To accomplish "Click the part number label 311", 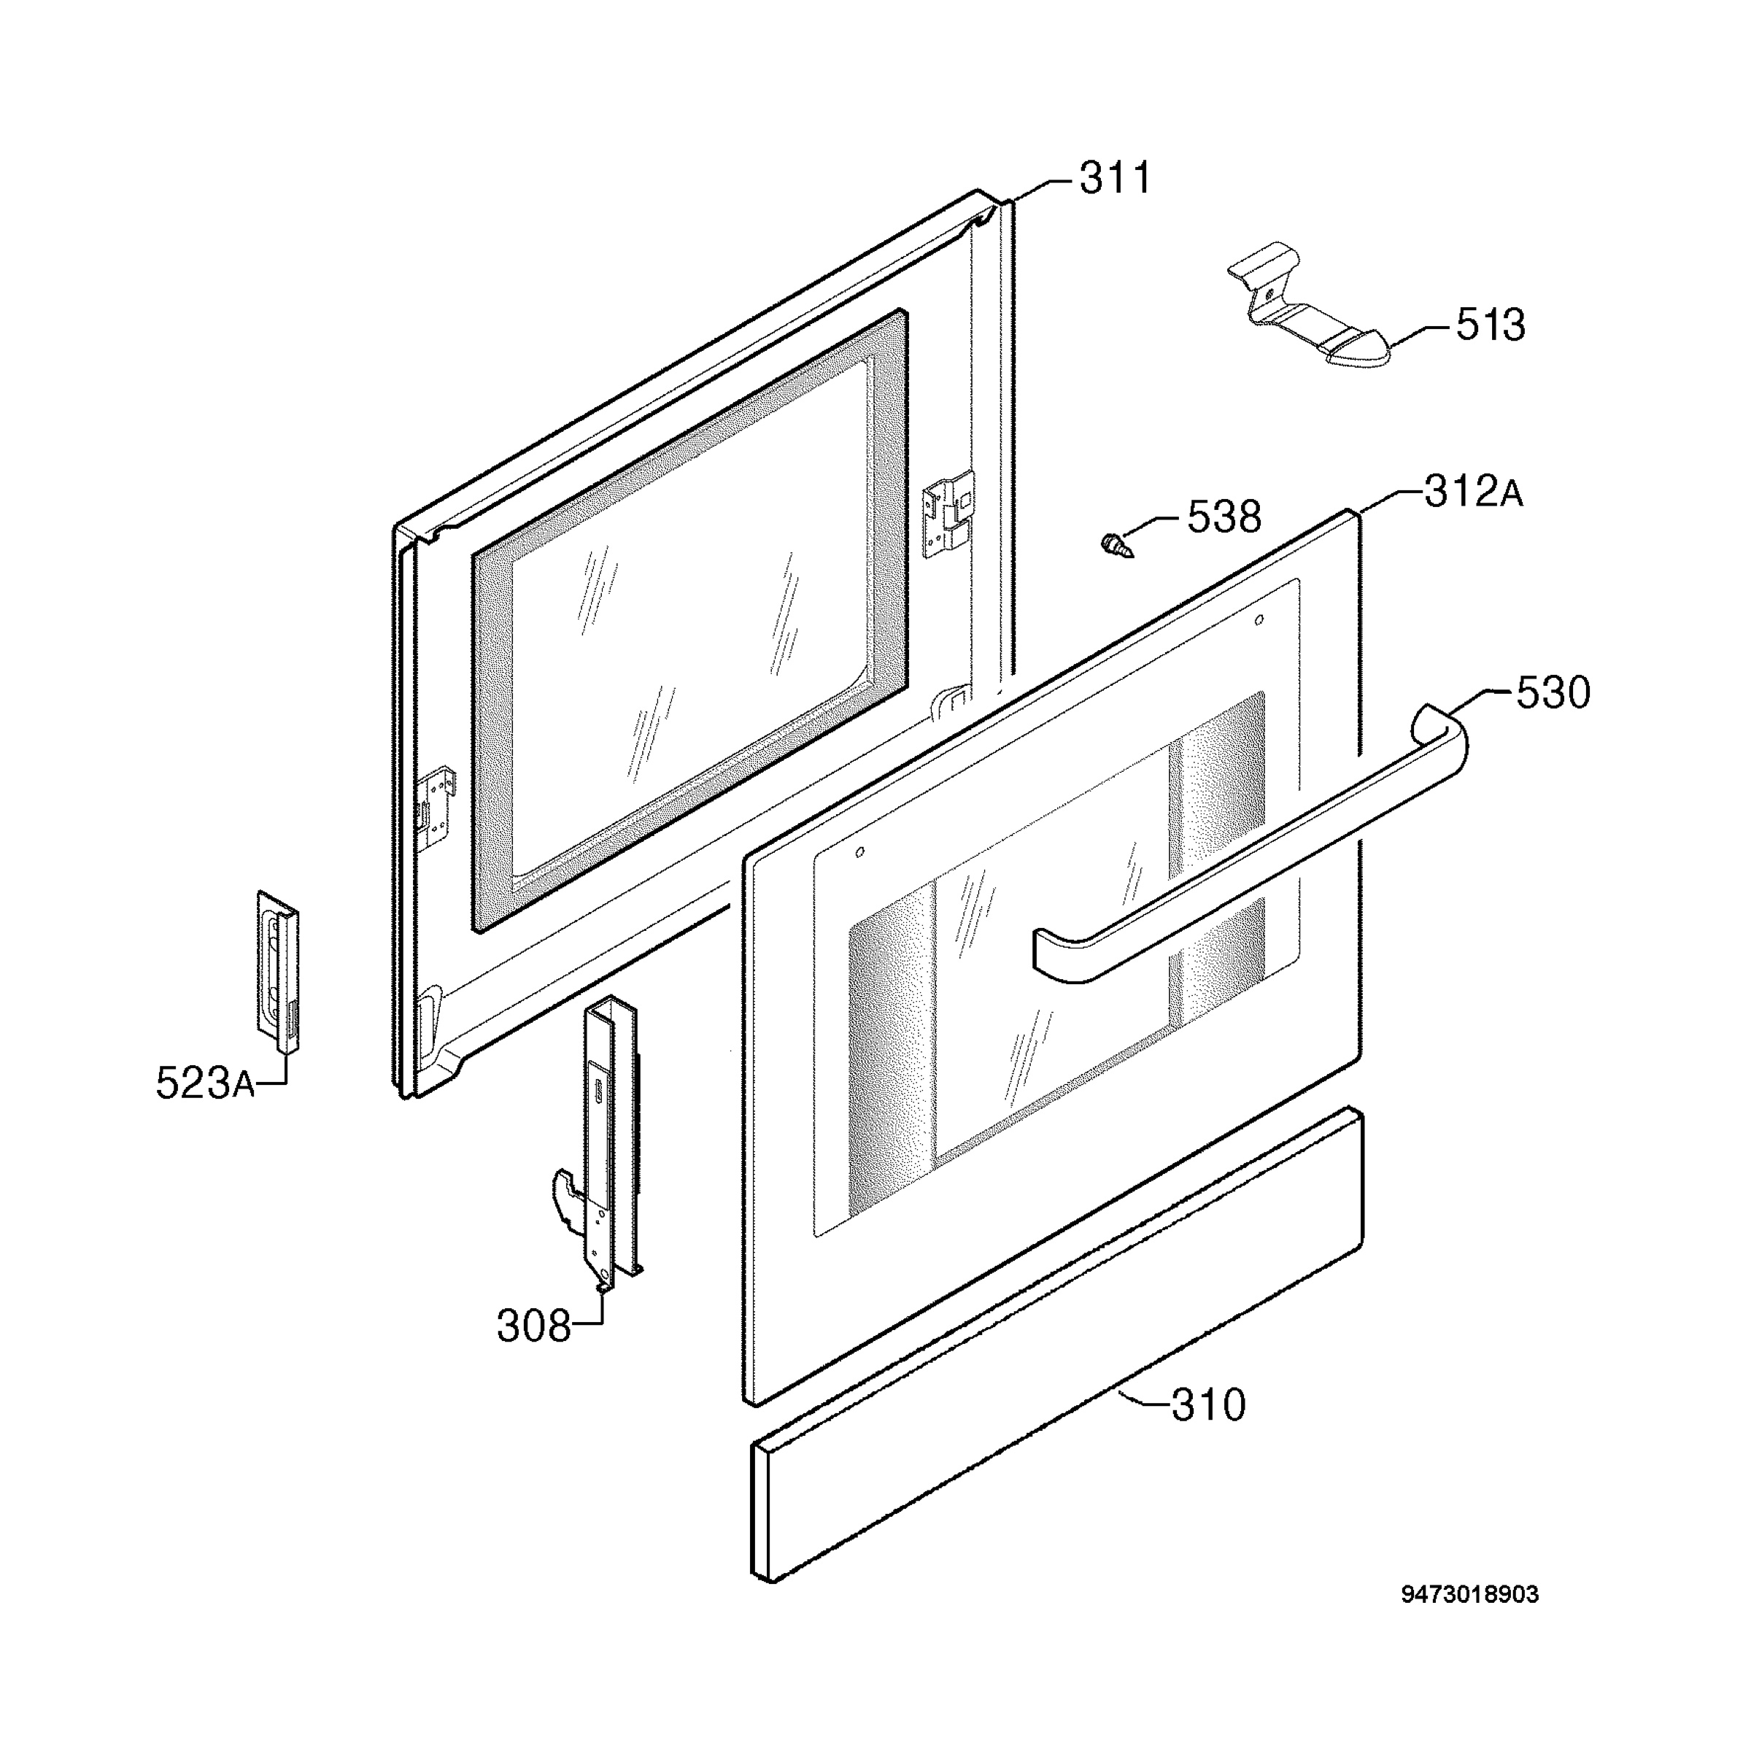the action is point(1115,179).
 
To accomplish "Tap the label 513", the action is point(1491,325).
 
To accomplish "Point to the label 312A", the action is point(1474,492).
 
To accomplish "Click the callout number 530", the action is point(1553,692).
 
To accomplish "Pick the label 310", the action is point(1209,1406).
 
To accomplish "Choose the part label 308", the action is point(534,1328).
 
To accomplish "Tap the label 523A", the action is point(206,1083).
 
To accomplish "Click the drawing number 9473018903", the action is point(1470,1620).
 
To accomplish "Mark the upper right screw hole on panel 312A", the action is point(1258,620).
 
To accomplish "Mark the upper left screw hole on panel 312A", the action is point(860,851).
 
